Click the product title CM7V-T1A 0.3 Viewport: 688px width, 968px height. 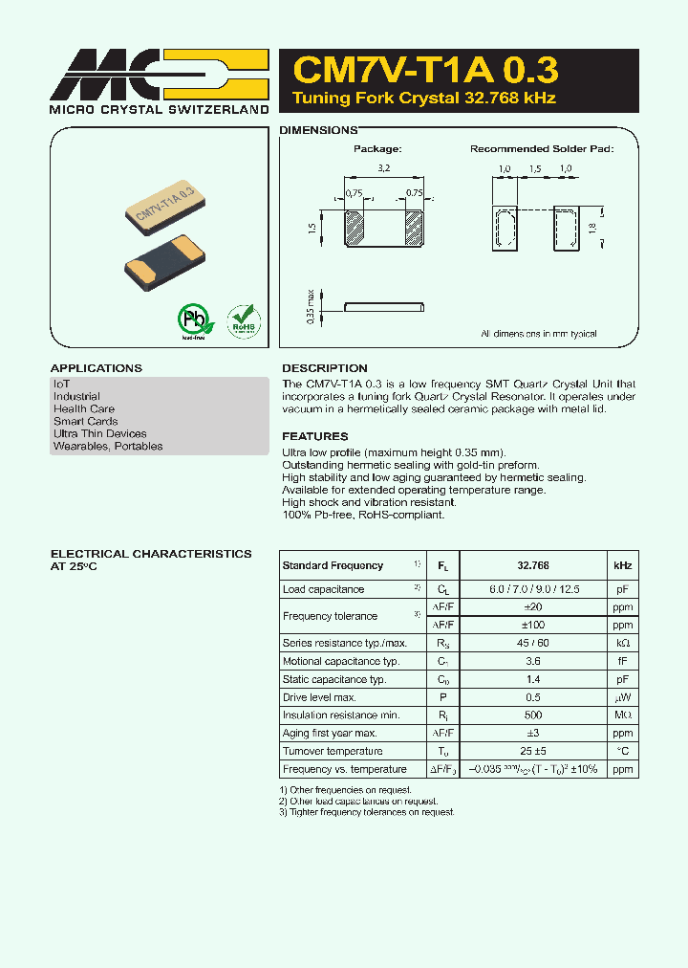425,71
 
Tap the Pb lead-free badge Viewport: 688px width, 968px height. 194,319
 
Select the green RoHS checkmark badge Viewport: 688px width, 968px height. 243,320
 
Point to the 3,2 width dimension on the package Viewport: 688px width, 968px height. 383,167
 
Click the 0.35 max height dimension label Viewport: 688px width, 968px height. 311,307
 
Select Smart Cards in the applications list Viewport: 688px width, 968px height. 86,421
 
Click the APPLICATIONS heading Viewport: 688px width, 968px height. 96,368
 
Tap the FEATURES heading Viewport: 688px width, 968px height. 314,436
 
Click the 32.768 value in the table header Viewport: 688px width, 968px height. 533,565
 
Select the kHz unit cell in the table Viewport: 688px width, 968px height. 622,565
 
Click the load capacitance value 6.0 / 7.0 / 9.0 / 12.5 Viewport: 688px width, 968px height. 533,589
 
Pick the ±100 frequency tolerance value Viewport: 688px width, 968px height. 533,625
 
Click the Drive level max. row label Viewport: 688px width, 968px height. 319,697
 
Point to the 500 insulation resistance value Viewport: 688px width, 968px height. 533,715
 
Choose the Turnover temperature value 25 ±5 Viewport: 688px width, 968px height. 533,751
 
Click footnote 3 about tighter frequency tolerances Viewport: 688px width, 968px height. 367,812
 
